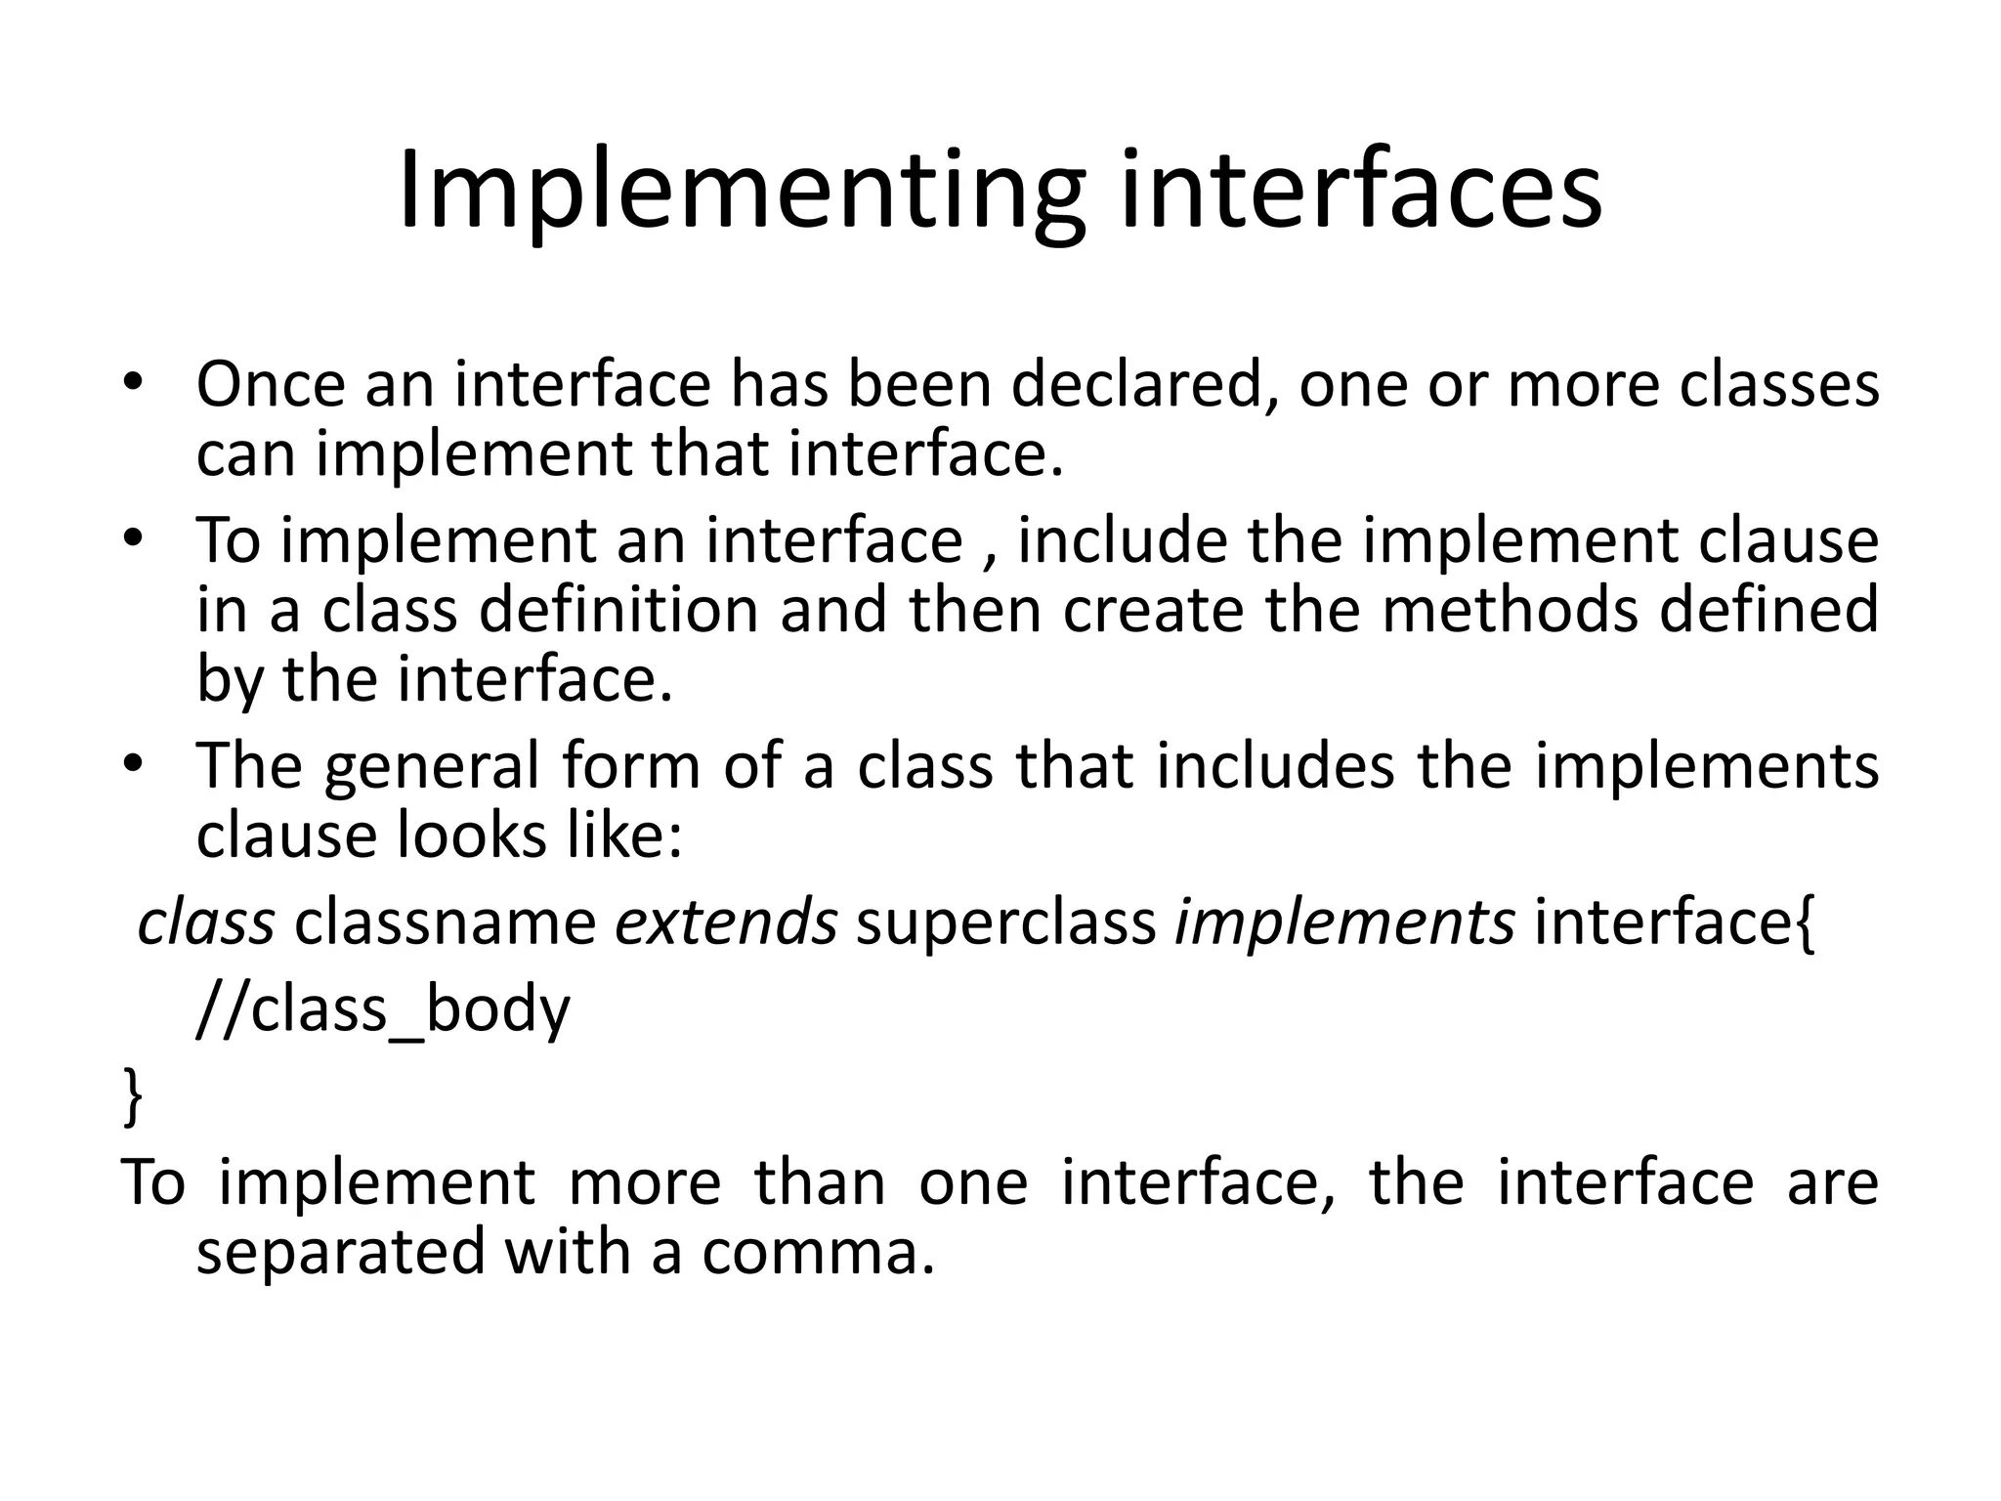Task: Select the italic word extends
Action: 725,922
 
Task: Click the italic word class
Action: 206,922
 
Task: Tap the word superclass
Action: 1005,923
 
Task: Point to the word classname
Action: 445,922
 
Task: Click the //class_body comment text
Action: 382,1009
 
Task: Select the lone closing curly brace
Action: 133,1097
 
